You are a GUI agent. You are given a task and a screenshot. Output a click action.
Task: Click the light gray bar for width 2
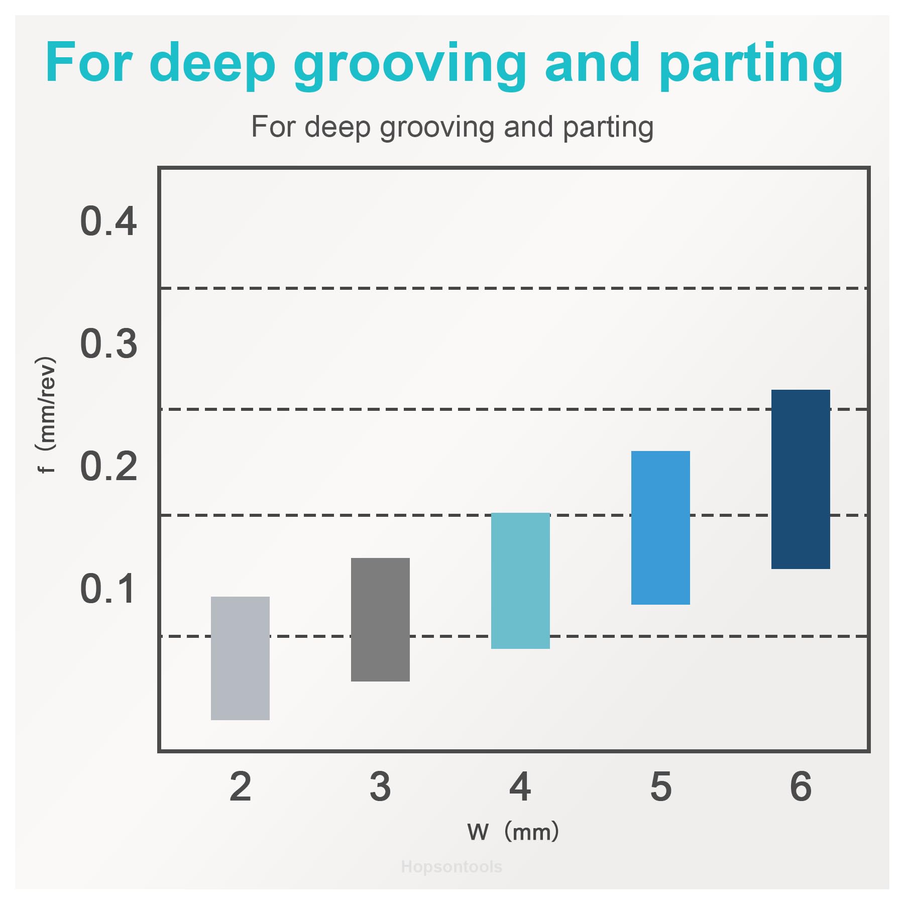click(x=240, y=658)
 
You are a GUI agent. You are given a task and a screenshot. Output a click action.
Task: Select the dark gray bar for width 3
click(x=380, y=619)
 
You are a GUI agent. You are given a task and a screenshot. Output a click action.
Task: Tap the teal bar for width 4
click(x=520, y=581)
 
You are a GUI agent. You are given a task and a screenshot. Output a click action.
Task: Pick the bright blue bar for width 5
click(x=660, y=527)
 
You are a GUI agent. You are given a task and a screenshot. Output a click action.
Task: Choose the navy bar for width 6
click(x=801, y=479)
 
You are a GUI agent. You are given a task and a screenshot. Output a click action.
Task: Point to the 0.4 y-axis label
click(x=108, y=221)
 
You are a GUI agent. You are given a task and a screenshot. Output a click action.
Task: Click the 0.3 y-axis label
click(x=108, y=344)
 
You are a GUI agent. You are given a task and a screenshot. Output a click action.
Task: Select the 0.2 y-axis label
click(x=108, y=467)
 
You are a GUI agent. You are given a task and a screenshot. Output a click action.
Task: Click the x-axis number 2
click(x=240, y=787)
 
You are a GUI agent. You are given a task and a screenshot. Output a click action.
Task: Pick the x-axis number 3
click(x=380, y=787)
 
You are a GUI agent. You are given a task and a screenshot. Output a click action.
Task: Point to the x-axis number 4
click(x=520, y=787)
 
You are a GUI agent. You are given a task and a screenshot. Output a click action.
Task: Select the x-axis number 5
click(x=660, y=787)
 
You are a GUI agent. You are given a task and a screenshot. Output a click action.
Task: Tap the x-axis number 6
click(x=801, y=787)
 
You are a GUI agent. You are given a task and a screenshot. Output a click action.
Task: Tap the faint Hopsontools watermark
click(x=451, y=867)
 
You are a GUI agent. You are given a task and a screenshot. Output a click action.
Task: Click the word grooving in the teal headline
click(x=409, y=65)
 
